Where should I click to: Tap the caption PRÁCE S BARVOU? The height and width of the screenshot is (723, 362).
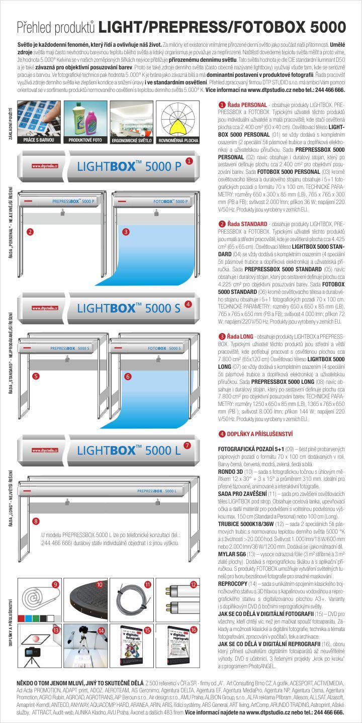pyautogui.click(x=38, y=141)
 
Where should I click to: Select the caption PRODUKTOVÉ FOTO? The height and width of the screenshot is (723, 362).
pyautogui.click(x=84, y=141)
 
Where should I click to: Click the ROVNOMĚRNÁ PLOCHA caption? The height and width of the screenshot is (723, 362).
pyautogui.click(x=178, y=141)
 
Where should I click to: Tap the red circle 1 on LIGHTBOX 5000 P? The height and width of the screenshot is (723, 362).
pyautogui.click(x=189, y=161)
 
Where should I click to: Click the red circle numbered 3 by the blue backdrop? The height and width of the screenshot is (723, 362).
pyautogui.click(x=126, y=232)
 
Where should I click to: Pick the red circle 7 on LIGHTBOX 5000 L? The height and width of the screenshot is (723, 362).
pyautogui.click(x=187, y=445)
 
